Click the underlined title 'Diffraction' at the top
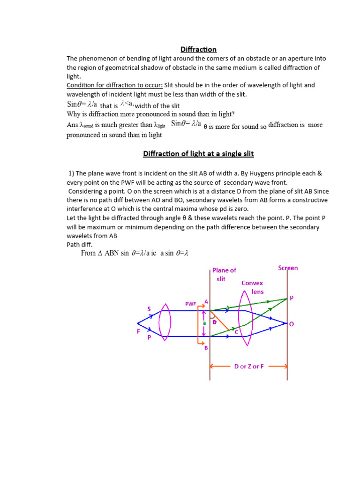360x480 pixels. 199,49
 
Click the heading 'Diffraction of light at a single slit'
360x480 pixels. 198,154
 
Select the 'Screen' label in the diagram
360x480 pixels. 288,268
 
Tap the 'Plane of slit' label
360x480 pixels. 224,274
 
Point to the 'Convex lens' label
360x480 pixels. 252,287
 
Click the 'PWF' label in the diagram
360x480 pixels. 190,304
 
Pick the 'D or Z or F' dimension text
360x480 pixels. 248,366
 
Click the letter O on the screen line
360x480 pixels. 292,324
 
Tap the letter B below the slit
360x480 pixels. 205,348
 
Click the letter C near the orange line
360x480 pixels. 236,332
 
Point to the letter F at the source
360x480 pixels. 138,330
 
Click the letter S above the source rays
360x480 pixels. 150,308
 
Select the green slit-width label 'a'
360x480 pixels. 204,323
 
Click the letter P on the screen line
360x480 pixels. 291,298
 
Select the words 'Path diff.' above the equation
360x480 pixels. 80,244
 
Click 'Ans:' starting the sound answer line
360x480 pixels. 74,125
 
